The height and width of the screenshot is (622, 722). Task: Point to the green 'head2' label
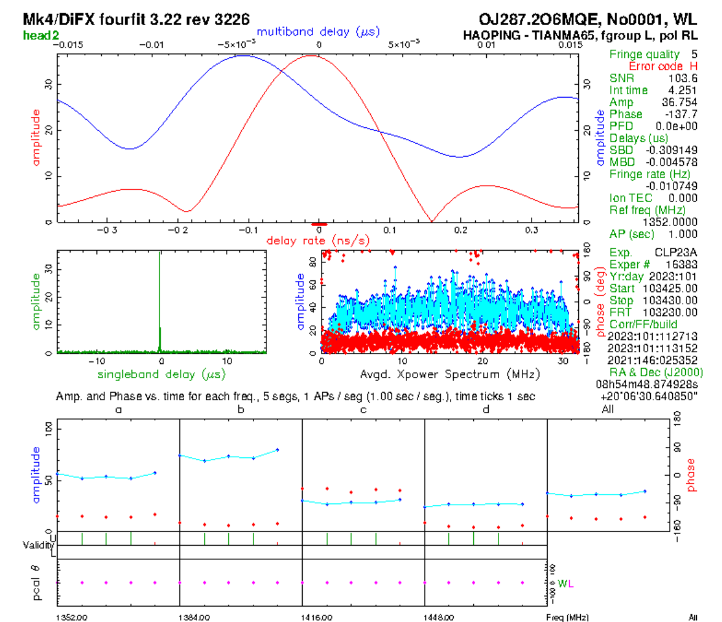(41, 34)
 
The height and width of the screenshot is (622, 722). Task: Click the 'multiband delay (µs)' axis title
(317, 31)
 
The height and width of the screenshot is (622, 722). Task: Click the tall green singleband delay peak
(160, 295)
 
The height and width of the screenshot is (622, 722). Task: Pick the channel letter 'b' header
(241, 409)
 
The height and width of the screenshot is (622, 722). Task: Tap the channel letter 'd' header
(486, 409)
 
